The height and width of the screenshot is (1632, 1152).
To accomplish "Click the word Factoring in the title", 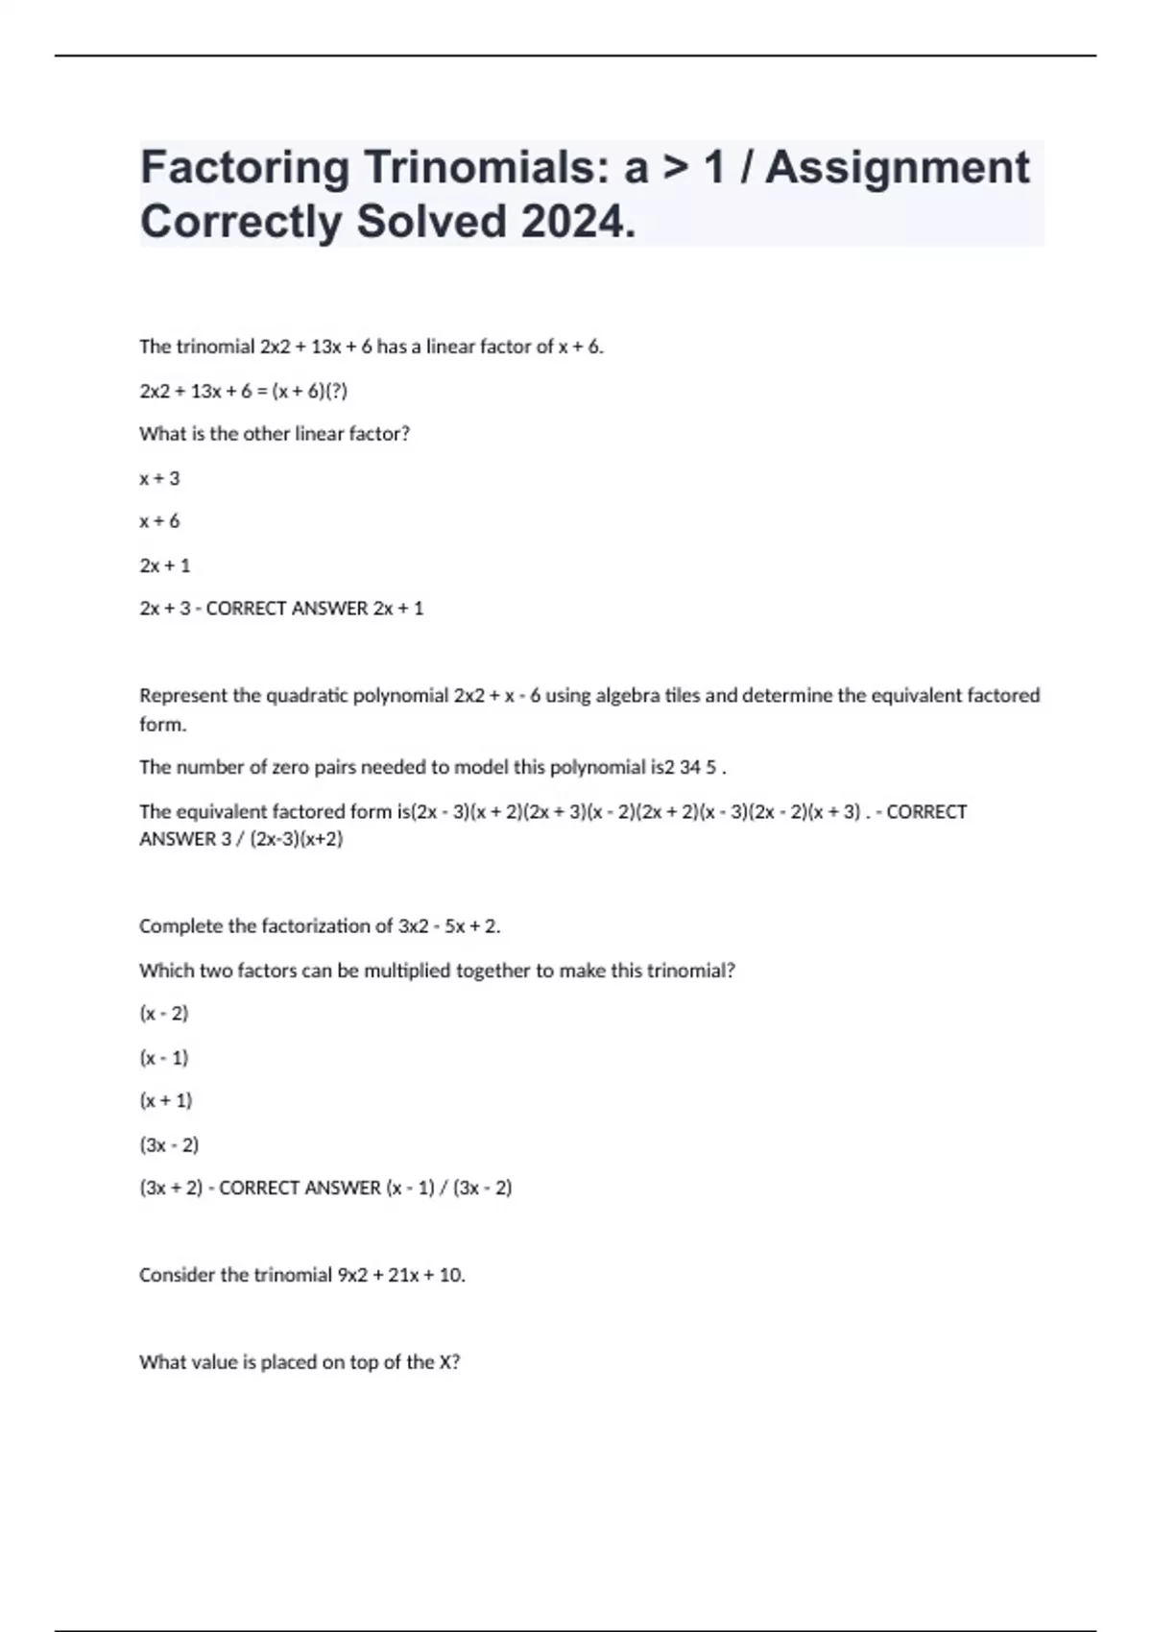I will pos(245,169).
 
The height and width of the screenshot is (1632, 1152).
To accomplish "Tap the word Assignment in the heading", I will pos(897,169).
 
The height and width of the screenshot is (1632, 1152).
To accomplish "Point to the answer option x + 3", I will pos(159,478).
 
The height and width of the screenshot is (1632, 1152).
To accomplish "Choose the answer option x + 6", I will pos(159,521).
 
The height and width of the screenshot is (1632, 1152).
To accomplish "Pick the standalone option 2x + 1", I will pos(165,565).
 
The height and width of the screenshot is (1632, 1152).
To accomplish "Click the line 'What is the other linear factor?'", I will pos(275,434).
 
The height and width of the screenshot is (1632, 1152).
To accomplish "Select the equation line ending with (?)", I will pos(243,391).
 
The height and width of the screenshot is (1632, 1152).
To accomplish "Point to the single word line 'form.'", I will pos(163,725).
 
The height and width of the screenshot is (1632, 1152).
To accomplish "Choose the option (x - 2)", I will pos(164,1014).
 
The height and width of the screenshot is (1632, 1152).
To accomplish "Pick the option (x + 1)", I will pos(166,1101).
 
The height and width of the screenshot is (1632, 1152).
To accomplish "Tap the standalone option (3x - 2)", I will pos(169,1145).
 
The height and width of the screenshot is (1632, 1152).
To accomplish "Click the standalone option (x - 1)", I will pos(164,1058).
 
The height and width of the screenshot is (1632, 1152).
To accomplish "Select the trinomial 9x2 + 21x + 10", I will pos(400,1276).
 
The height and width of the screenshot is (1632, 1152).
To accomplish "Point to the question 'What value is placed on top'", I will pos(300,1362).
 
